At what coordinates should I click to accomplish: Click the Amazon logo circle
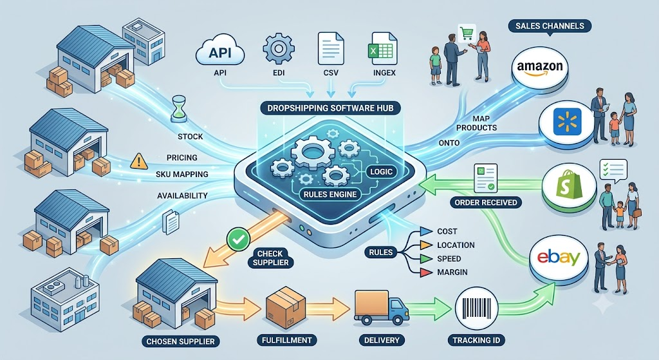click(540, 68)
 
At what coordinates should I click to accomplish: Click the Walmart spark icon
click(567, 122)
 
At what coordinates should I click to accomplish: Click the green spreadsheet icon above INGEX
click(382, 48)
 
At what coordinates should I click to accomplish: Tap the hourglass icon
click(179, 108)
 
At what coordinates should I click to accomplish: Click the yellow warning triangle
click(139, 161)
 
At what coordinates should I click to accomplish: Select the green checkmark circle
click(238, 240)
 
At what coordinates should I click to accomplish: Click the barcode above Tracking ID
click(476, 311)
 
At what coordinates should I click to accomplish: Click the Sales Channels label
click(550, 26)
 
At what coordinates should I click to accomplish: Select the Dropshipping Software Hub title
click(330, 108)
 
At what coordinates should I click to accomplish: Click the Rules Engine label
click(329, 194)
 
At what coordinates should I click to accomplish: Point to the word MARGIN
click(452, 272)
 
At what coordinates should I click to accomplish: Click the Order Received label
click(485, 203)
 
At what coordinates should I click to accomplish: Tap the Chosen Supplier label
click(180, 341)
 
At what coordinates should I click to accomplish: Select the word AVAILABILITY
click(182, 196)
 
